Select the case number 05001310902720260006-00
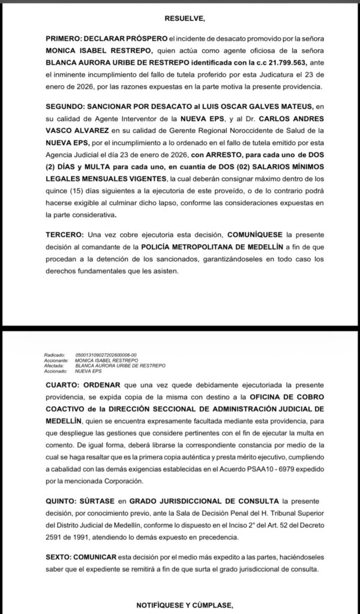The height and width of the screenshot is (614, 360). pos(110,355)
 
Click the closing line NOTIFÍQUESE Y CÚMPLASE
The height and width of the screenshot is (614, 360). pos(180,604)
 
